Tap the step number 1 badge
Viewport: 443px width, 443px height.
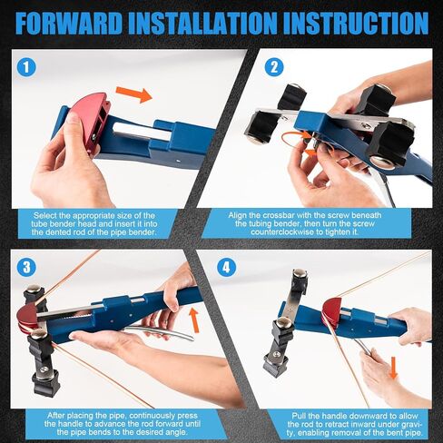[26, 66]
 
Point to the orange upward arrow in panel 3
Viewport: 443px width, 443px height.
[193, 320]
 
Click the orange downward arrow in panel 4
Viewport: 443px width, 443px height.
[391, 368]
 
